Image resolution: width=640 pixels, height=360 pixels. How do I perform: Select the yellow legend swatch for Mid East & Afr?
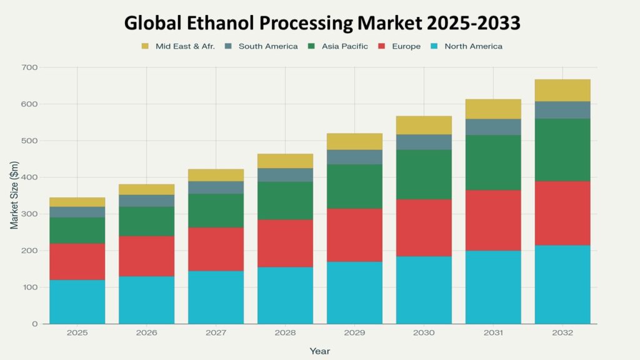pos(146,46)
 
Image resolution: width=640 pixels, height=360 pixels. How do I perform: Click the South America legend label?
pos(267,46)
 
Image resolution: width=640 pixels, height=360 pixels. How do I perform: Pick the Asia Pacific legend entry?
pos(344,46)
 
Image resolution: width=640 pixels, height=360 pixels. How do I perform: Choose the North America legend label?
pos(473,46)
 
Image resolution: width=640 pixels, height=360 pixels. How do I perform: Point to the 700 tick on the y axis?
pos(29,67)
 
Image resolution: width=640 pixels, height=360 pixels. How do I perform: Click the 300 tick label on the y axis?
pos(29,214)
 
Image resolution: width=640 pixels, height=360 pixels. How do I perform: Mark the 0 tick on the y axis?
pos(35,324)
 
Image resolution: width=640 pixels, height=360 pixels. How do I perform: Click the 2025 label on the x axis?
pos(77,334)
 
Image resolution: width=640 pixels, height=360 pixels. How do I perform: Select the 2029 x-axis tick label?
pos(354,334)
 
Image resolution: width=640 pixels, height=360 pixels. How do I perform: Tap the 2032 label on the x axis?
pos(562,334)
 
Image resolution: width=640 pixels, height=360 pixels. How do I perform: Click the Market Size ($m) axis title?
pos(14,195)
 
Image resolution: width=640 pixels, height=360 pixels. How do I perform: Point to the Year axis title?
pos(319,351)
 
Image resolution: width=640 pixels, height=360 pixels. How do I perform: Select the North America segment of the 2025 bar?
pos(77,302)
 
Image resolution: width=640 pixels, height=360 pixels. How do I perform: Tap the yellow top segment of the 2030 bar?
pos(424,125)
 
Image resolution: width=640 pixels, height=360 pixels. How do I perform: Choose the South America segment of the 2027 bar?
pos(216,187)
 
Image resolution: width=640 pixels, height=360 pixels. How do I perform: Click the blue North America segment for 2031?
pos(493,287)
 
